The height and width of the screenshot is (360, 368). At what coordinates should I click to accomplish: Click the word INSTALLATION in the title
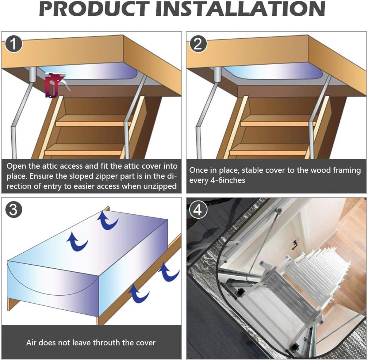point(240,9)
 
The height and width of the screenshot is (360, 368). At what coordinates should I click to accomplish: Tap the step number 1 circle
point(14,44)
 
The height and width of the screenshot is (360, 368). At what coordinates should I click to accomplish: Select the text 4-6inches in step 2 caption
point(228,180)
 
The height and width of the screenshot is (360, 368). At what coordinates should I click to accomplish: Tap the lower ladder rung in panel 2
point(268,152)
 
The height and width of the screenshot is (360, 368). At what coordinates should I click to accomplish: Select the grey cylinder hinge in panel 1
point(32,75)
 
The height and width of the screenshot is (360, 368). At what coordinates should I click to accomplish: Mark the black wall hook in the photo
point(295,243)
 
